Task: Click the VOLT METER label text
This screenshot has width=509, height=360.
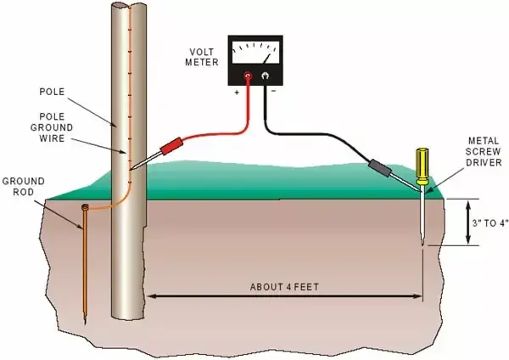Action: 202,57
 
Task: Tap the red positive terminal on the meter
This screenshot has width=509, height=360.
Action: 249,76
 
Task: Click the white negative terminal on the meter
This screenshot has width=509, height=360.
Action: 266,76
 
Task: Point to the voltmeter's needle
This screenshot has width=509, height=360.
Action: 266,59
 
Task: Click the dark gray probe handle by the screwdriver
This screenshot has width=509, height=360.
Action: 380,167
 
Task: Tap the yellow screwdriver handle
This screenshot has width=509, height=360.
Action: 422,166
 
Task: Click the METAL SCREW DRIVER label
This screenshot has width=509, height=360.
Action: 484,152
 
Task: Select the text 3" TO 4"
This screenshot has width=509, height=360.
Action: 490,223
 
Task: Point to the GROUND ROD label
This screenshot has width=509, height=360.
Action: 24,187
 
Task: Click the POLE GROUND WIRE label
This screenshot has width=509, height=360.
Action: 52,127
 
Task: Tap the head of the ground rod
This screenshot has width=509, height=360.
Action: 85,207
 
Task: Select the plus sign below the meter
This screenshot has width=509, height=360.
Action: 237,93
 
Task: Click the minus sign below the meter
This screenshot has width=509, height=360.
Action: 274,91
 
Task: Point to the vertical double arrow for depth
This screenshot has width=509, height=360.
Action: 467,222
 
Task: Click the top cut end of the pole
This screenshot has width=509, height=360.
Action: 129,5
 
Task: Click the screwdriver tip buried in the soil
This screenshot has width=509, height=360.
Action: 422,243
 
